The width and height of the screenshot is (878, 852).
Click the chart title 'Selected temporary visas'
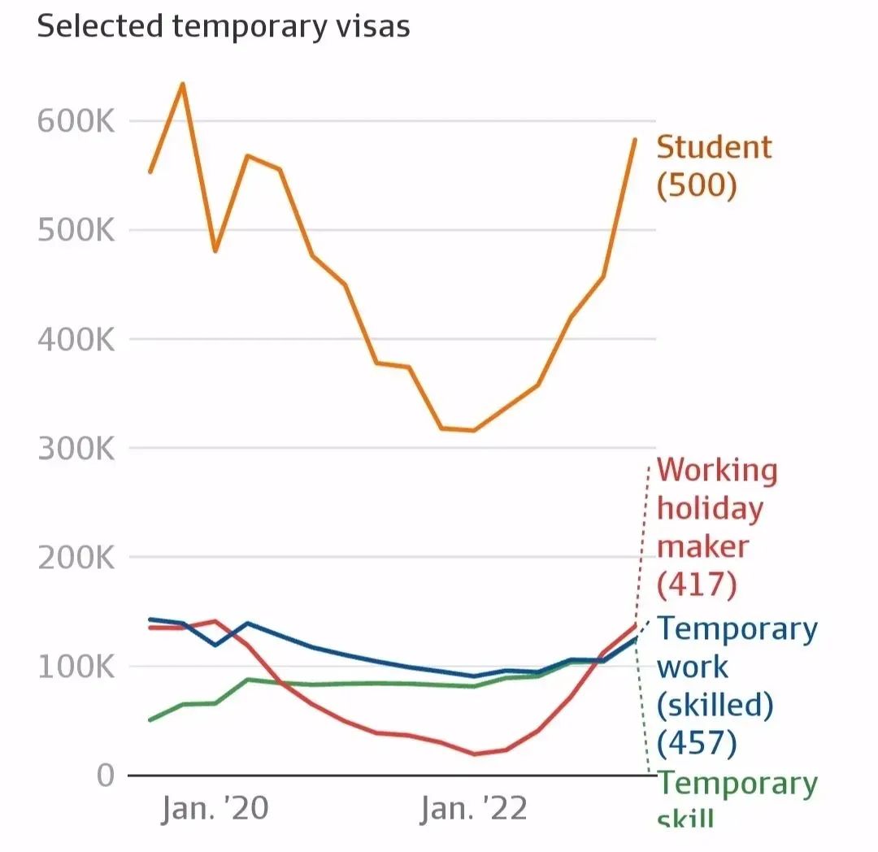pyautogui.click(x=224, y=26)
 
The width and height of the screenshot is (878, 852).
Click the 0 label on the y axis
pyautogui.click(x=106, y=776)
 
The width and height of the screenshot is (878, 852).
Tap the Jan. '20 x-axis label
pyautogui.click(x=215, y=810)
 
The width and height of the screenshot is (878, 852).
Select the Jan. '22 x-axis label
pyautogui.click(x=474, y=810)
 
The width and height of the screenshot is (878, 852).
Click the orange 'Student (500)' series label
pyautogui.click(x=713, y=167)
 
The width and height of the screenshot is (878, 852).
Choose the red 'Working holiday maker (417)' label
pyautogui.click(x=716, y=527)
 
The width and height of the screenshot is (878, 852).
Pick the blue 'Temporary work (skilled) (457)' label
pyautogui.click(x=737, y=685)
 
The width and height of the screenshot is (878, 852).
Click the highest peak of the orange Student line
pyautogui.click(x=182, y=83)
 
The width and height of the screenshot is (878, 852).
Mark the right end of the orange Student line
pyautogui.click(x=635, y=139)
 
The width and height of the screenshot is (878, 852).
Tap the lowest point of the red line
pyautogui.click(x=474, y=754)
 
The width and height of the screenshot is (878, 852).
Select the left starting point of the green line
pyautogui.click(x=150, y=720)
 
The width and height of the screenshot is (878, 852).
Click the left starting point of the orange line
pyautogui.click(x=150, y=172)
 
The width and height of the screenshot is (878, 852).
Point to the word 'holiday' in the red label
pyautogui.click(x=710, y=509)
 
